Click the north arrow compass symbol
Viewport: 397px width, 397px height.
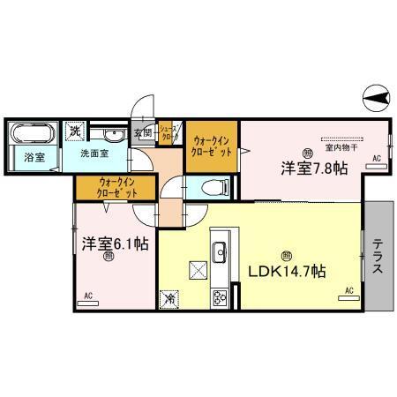coord(375,99)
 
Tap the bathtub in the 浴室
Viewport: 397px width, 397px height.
coord(32,137)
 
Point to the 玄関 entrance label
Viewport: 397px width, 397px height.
coord(142,134)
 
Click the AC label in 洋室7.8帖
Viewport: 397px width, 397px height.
coord(375,158)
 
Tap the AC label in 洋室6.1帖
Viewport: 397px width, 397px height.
coord(87,296)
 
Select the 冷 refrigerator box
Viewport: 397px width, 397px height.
coord(168,299)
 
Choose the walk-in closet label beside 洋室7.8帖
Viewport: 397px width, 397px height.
coord(213,145)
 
